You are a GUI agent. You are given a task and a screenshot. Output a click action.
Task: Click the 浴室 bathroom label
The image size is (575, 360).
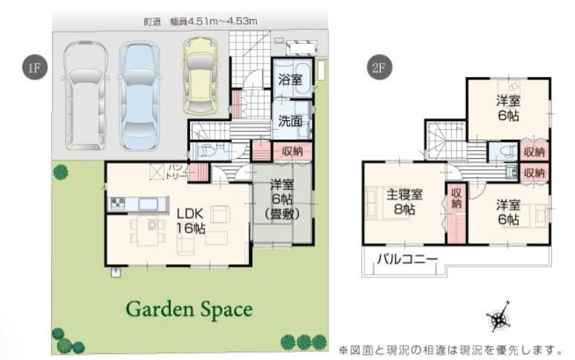coord(290,79)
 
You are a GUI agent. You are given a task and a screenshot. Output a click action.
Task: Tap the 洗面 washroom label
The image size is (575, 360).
coord(290,121)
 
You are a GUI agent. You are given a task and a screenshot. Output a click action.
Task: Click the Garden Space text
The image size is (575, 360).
coord(188,308)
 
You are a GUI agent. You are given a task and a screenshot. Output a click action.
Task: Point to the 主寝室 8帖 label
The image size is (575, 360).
coord(404,202)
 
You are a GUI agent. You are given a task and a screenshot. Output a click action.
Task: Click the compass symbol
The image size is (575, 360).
coord(499,318)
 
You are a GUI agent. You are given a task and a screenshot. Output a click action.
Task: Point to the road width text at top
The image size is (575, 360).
coord(200,22)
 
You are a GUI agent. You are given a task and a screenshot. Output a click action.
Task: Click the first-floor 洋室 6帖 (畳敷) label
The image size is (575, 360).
coord(282,199)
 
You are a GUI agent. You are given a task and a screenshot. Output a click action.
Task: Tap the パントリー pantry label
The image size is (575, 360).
coord(177,170)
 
